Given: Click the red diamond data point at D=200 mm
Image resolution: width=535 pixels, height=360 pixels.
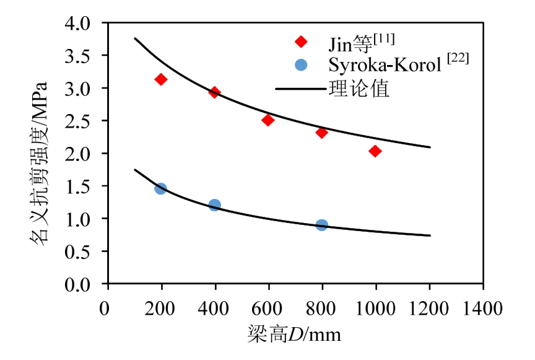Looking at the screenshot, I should click(x=161, y=79).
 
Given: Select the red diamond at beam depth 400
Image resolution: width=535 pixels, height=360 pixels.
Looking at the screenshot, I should click(x=215, y=92).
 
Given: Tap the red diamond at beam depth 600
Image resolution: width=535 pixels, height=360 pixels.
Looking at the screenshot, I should click(x=268, y=120).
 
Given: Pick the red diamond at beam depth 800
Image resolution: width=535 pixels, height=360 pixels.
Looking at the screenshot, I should click(x=321, y=133).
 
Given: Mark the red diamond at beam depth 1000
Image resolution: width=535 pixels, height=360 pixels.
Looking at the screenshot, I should click(x=375, y=151).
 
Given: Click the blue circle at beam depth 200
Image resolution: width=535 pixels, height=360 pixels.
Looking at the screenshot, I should click(x=161, y=188).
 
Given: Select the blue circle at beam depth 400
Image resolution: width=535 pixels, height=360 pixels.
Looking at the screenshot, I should click(x=215, y=205).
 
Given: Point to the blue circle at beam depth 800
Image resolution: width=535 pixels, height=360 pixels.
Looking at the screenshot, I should click(x=321, y=225).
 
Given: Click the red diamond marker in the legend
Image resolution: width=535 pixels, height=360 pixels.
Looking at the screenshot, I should click(x=301, y=42).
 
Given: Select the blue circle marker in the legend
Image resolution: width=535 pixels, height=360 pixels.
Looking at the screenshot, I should click(x=301, y=64).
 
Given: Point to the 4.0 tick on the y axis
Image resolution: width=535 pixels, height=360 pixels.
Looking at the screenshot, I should click(x=90, y=24).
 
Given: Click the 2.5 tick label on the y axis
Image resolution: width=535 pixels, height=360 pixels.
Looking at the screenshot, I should click(x=90, y=121).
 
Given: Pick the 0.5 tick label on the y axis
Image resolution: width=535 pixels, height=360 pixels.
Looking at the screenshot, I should click(x=90, y=252).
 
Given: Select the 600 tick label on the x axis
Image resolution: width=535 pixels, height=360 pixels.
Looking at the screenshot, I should click(x=268, y=308).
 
